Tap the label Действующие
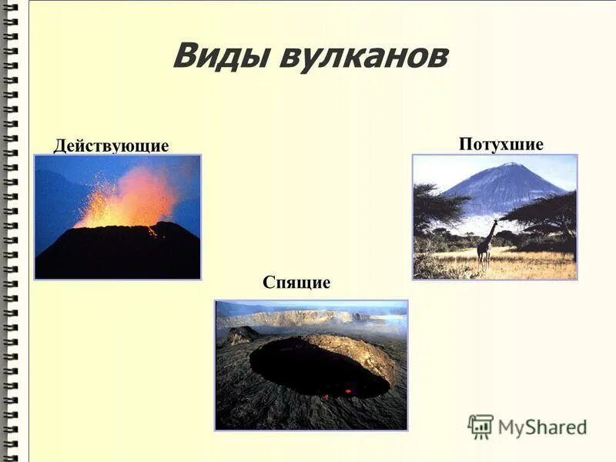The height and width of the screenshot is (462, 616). click(x=111, y=146)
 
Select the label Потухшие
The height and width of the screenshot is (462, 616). click(x=500, y=144)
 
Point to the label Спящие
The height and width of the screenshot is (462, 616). click(x=296, y=283)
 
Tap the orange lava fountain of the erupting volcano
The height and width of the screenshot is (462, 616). click(x=131, y=199)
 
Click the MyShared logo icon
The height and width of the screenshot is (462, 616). click(x=480, y=426)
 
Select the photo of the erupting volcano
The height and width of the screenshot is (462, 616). click(x=117, y=216)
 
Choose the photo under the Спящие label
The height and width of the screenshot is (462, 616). click(x=311, y=365)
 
